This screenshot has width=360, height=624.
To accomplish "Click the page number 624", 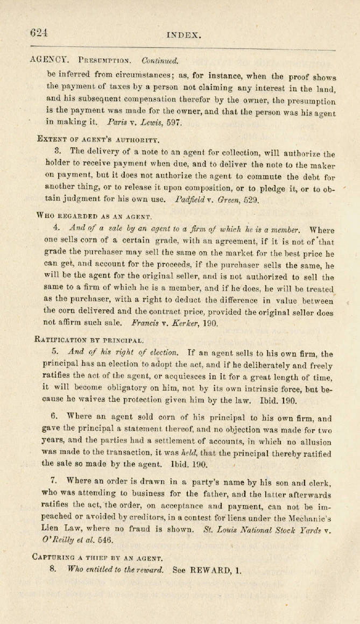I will click(39, 32).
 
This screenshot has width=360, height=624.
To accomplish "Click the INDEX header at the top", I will click(184, 36).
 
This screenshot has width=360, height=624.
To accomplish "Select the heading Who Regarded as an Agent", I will click(87, 216).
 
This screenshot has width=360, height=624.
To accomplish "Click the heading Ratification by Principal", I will click(89, 339).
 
